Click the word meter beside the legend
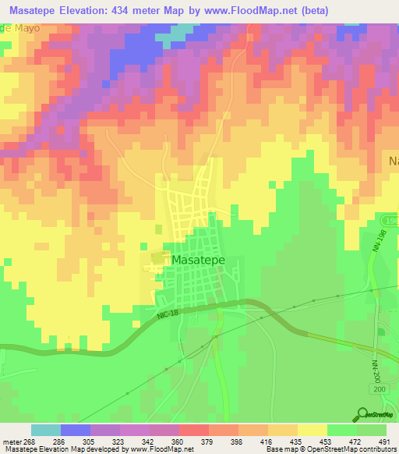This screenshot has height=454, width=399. click(x=11, y=441)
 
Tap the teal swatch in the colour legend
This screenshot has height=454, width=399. click(x=46, y=430)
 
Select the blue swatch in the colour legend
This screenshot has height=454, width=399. click(x=76, y=430)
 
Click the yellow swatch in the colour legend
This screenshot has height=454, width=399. click(x=312, y=430)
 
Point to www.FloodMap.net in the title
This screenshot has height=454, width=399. click(x=250, y=10)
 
